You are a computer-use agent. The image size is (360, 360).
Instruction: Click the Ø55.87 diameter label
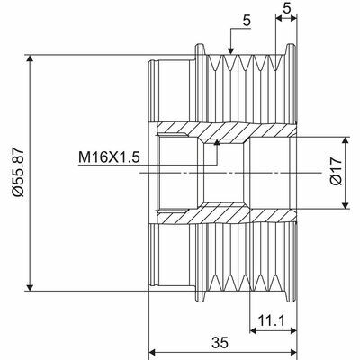point(18,172)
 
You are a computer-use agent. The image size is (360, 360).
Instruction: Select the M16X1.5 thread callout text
point(109,157)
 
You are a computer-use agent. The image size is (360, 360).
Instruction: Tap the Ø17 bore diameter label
point(337,172)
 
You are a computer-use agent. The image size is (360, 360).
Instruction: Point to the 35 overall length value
point(220,343)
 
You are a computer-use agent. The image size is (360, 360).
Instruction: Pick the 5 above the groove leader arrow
point(247,21)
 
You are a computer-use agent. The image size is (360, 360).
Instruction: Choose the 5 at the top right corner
point(287,8)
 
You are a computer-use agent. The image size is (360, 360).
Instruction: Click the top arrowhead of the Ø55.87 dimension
point(29,59)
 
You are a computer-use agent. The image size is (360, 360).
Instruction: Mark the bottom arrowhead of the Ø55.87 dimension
point(29,286)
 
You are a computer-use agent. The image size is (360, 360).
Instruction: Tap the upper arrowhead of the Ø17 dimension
point(346,142)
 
